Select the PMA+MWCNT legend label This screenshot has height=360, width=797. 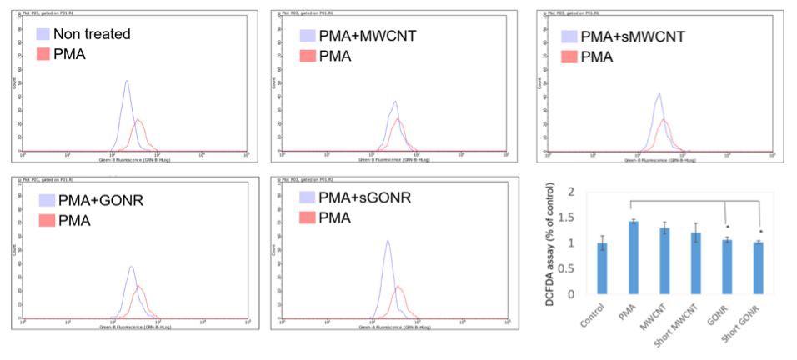point(368,37)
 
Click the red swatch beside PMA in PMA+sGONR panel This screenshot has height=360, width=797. point(308,217)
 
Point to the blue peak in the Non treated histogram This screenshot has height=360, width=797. point(126,82)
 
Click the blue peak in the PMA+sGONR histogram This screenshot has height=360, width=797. point(387,242)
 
